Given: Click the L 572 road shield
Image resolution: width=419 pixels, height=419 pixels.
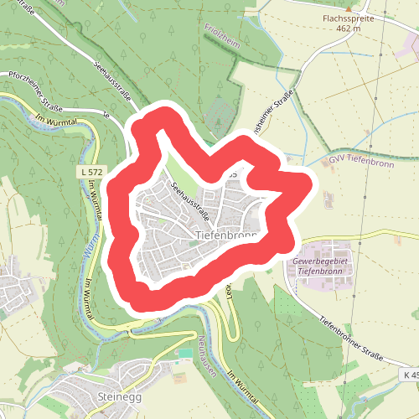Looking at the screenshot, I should click(x=93, y=171).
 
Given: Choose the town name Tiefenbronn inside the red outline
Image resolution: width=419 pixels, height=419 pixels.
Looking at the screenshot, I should click(x=225, y=236).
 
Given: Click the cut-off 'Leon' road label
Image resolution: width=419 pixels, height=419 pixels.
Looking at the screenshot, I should click(x=228, y=292).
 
